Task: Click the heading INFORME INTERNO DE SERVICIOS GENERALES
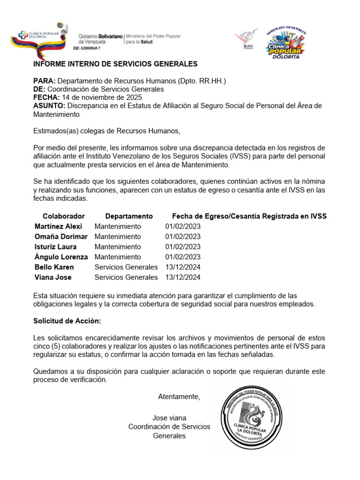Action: tap(115, 64)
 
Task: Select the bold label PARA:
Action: tap(45, 81)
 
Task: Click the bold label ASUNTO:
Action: tap(49, 105)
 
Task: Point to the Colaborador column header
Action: tap(64, 216)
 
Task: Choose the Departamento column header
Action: tap(129, 216)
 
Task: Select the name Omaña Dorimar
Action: tap(61, 236)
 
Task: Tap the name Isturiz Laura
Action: tap(55, 247)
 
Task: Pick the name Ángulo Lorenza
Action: tap(61, 257)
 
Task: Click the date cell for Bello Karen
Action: tap(183, 267)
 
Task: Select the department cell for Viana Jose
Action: tap(126, 277)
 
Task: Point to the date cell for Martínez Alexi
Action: tap(183, 226)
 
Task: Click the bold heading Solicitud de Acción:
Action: tap(67, 321)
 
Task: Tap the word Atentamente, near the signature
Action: tap(179, 397)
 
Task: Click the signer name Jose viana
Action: tap(169, 418)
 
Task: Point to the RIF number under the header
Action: tap(87, 48)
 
